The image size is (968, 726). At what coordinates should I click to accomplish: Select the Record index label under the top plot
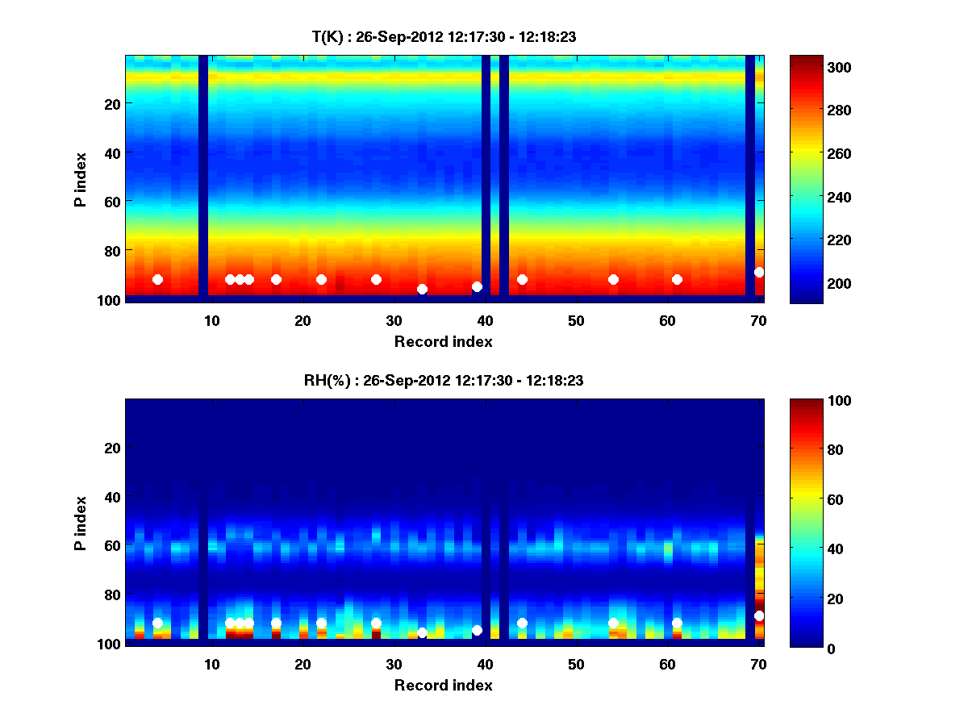pyautogui.click(x=444, y=342)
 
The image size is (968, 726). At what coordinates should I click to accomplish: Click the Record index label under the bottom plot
pyautogui.click(x=444, y=686)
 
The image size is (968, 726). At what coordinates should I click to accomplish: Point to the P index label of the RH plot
pyautogui.click(x=81, y=522)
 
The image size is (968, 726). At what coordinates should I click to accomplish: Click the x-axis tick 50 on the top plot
pyautogui.click(x=576, y=320)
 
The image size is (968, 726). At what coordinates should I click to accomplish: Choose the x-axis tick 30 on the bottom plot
pyautogui.click(x=394, y=664)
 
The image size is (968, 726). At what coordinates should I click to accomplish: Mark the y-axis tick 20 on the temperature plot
pyautogui.click(x=111, y=104)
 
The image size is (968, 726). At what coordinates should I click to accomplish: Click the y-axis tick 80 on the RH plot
pyautogui.click(x=111, y=595)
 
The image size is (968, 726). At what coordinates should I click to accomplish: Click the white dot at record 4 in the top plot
pyautogui.click(x=157, y=279)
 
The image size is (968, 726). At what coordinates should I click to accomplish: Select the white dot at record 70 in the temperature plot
pyautogui.click(x=759, y=272)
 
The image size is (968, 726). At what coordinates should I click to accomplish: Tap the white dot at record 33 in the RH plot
pyautogui.click(x=422, y=632)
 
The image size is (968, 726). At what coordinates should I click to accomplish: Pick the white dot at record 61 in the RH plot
pyautogui.click(x=677, y=623)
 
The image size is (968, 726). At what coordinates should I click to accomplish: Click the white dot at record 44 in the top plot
pyautogui.click(x=522, y=279)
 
